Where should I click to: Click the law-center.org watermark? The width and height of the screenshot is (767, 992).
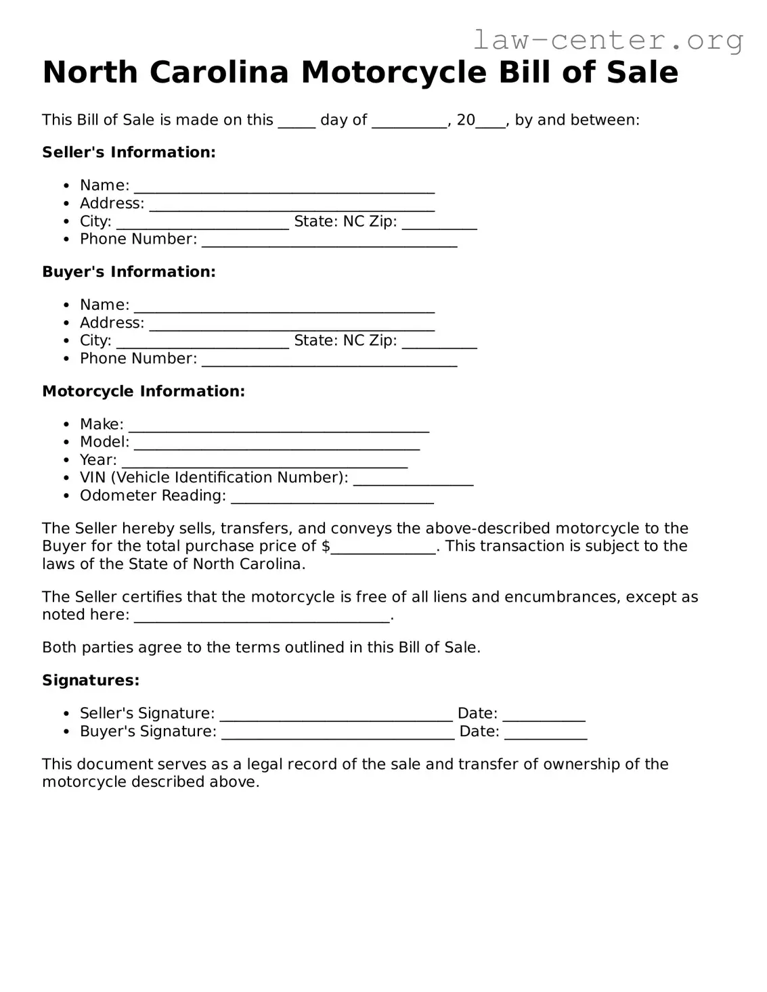pyautogui.click(x=607, y=41)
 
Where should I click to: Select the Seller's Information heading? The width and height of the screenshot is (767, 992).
pyautogui.click(x=129, y=152)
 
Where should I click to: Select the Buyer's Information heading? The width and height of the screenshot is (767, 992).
pyautogui.click(x=129, y=272)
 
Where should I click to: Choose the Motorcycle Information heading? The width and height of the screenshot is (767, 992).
pyautogui.click(x=144, y=391)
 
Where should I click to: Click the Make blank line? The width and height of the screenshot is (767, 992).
pyautogui.click(x=278, y=426)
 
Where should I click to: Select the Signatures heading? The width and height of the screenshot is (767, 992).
pyautogui.click(x=91, y=680)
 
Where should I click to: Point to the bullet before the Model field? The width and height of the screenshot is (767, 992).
pyautogui.click(x=66, y=443)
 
